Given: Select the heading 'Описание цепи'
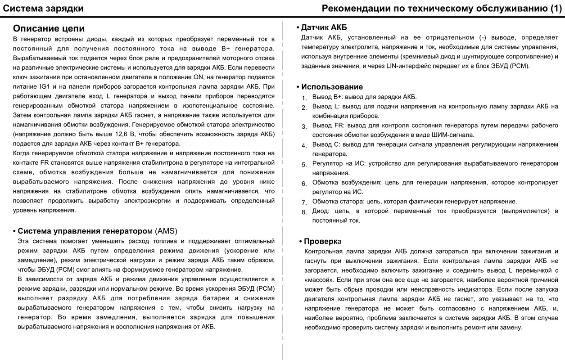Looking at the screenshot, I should [x=49, y=28].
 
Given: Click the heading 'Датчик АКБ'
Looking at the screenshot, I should [x=324, y=27].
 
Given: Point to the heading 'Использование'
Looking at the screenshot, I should [x=332, y=87].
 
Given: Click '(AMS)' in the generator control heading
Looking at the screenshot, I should [x=166, y=231].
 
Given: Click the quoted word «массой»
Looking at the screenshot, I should [x=318, y=280].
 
